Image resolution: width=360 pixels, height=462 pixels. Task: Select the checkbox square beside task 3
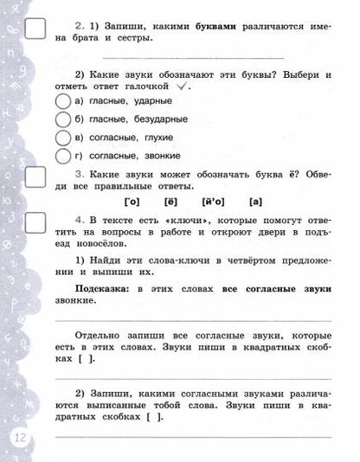[37, 177]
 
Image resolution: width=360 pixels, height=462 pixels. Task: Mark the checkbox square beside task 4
[37, 224]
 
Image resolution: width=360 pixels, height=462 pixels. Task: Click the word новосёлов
[93, 248]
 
